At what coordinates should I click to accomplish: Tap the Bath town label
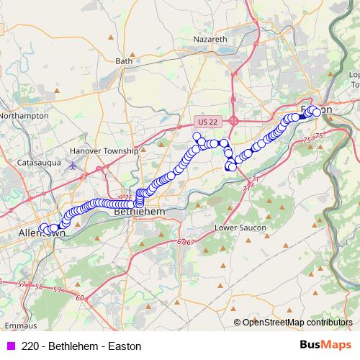(124, 61)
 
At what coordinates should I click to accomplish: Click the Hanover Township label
(104, 151)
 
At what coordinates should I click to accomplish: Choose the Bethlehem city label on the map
(140, 213)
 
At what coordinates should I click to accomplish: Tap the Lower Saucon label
(240, 228)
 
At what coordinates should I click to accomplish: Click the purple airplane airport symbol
(73, 166)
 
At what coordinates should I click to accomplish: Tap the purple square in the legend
(10, 346)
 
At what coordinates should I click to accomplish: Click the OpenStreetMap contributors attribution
(297, 323)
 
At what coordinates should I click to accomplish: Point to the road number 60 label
(79, 297)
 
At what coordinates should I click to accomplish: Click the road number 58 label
(38, 287)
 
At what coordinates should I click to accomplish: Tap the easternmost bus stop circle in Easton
(316, 112)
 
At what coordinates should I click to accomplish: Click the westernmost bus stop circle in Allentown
(42, 228)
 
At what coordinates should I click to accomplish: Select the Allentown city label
(42, 234)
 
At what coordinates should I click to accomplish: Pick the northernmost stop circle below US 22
(197, 135)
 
